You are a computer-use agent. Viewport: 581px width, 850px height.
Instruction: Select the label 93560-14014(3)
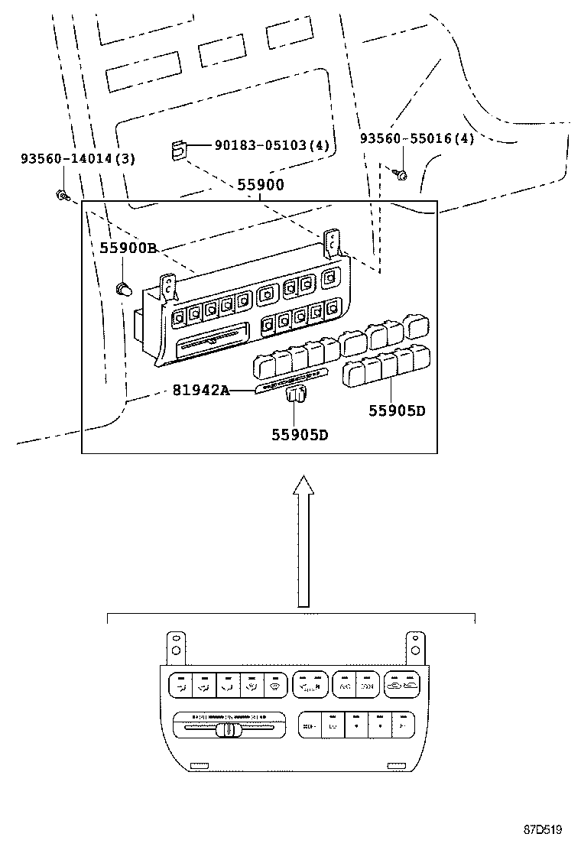[67, 159]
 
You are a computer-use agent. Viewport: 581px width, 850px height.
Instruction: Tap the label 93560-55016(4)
[417, 138]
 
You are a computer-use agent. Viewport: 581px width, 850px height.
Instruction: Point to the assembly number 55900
[261, 185]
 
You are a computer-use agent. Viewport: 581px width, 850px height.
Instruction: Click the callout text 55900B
[128, 248]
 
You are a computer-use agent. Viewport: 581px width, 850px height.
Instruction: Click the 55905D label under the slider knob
[300, 434]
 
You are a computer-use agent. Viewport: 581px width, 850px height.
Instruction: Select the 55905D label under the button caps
[397, 410]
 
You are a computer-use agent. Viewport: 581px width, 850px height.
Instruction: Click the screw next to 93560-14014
[61, 196]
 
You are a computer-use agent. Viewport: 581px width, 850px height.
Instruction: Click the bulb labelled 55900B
[122, 288]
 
